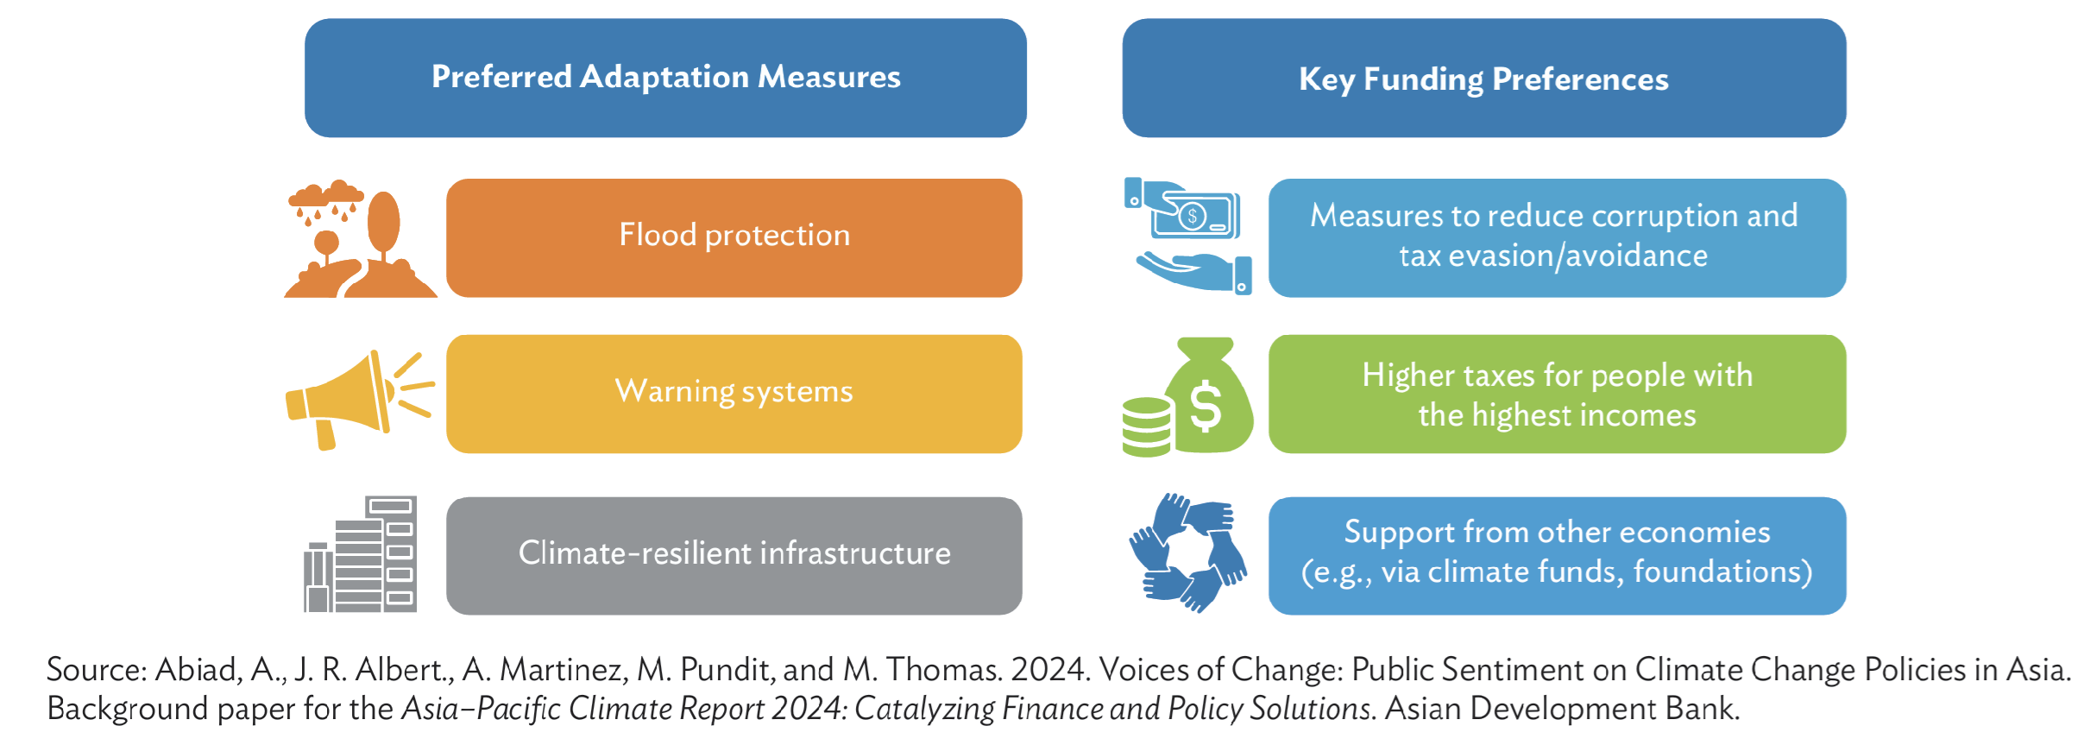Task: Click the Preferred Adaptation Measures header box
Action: click(x=665, y=78)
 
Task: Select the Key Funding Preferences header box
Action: click(x=1484, y=78)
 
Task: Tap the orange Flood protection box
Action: click(x=734, y=237)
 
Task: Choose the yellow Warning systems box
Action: click(x=734, y=394)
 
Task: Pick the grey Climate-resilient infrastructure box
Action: click(x=734, y=555)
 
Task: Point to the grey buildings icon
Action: click(x=361, y=554)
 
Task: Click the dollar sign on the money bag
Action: click(x=1206, y=407)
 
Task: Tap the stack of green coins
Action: click(x=1148, y=426)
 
